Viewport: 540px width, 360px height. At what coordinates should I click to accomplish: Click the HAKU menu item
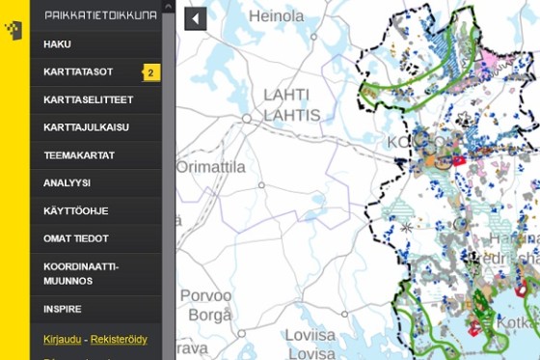click(x=58, y=44)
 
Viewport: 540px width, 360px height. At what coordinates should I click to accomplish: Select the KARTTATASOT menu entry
click(x=78, y=72)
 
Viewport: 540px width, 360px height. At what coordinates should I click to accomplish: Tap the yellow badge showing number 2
click(x=151, y=72)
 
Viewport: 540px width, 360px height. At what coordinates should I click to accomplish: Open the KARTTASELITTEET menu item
click(x=88, y=99)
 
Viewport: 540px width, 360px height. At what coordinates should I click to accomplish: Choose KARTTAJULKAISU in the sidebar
click(x=86, y=127)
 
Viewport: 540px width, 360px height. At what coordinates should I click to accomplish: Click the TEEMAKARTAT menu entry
click(x=79, y=154)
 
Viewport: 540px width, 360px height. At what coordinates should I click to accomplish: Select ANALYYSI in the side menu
click(x=67, y=182)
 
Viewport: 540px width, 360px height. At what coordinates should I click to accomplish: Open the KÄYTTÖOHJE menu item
click(x=75, y=210)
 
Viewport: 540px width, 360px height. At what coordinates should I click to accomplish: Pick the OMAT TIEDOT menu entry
click(x=76, y=238)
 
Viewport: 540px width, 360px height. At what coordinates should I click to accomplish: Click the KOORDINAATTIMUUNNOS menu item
click(x=81, y=273)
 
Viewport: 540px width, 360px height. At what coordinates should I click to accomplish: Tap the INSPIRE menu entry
click(x=63, y=309)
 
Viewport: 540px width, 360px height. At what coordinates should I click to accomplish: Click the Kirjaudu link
click(x=62, y=339)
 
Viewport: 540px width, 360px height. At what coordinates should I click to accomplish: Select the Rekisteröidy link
click(x=119, y=339)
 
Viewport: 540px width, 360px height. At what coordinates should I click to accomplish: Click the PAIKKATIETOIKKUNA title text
click(x=100, y=14)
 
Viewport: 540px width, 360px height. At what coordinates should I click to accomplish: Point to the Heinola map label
click(x=276, y=16)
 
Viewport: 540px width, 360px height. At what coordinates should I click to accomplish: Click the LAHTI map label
click(x=286, y=95)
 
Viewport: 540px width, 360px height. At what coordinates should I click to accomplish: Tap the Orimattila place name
click(x=211, y=167)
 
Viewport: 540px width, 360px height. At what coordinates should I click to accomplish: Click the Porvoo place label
click(x=206, y=295)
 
